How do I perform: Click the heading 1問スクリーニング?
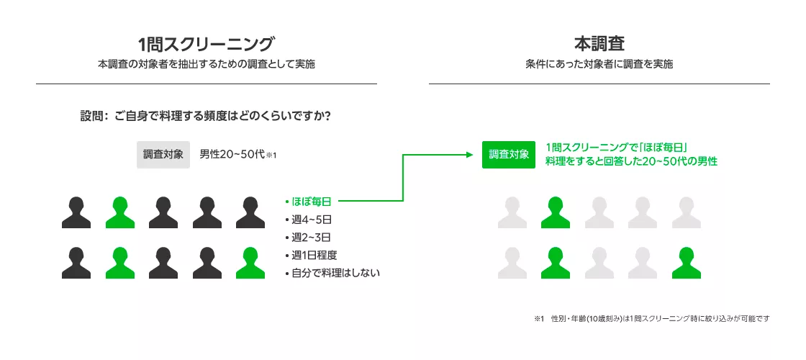206,42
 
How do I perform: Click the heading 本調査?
599,42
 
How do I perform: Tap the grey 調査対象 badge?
163,154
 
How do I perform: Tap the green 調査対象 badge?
509,154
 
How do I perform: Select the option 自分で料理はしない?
332,273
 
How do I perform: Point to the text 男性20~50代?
232,154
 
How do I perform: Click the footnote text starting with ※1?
651,318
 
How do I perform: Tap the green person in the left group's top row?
119,212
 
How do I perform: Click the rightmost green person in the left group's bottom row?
249,263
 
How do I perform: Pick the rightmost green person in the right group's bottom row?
686,263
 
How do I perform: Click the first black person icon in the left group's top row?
76,212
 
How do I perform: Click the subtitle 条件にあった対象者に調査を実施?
599,64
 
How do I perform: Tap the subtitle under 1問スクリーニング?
206,64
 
